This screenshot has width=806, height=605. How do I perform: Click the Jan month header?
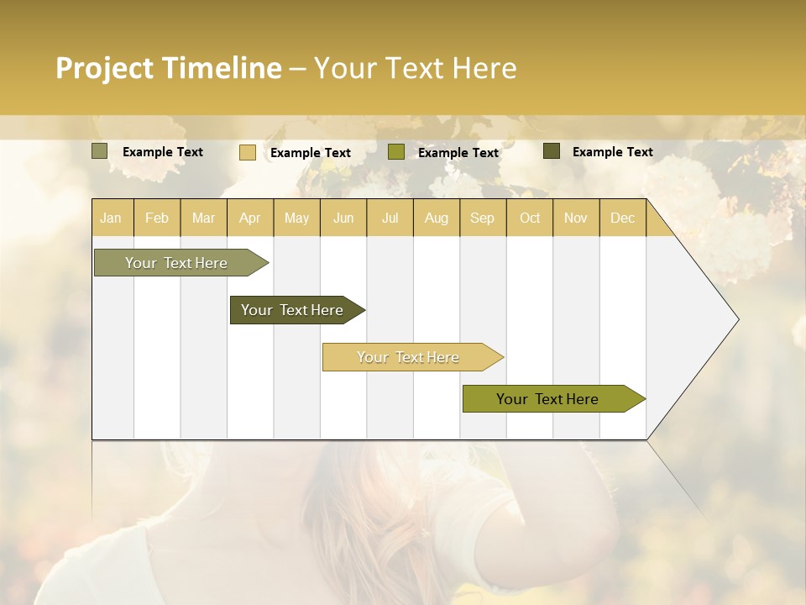click(112, 218)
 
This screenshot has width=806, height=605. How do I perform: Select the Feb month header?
click(157, 218)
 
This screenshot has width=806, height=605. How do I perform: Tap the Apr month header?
click(250, 218)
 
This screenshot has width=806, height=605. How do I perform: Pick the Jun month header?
click(343, 218)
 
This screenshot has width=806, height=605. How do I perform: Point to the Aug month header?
click(437, 218)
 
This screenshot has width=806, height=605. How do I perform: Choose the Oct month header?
click(530, 218)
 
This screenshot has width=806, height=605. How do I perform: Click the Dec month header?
click(623, 218)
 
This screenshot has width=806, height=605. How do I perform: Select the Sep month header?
click(483, 218)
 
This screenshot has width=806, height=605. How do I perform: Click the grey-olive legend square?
click(100, 151)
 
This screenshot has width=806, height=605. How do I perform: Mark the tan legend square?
click(248, 152)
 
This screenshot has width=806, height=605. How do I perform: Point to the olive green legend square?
click(396, 152)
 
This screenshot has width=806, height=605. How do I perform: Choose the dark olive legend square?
click(552, 151)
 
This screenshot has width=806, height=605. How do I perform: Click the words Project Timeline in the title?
click(169, 68)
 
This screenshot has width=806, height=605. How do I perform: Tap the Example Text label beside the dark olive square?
click(612, 152)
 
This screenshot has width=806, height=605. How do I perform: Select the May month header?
click(296, 218)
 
